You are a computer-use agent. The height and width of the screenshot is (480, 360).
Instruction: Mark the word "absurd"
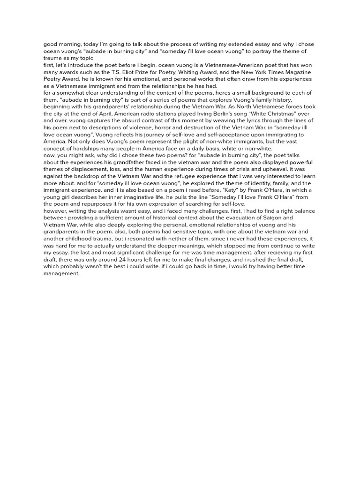109,120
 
